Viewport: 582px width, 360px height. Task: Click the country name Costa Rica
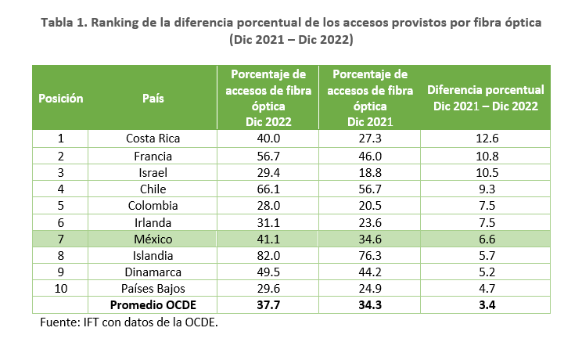click(153, 139)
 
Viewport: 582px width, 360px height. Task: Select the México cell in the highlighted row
click(153, 239)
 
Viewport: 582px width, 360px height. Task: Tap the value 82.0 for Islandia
click(268, 256)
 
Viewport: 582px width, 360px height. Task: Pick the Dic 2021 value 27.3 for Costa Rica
click(370, 139)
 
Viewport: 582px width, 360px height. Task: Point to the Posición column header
click(60, 99)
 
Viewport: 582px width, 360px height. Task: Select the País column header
click(153, 99)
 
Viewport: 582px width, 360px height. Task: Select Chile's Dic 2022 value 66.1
click(268, 189)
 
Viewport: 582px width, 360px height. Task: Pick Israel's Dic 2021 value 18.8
click(370, 172)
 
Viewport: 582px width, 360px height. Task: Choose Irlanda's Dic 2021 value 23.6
click(370, 222)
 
